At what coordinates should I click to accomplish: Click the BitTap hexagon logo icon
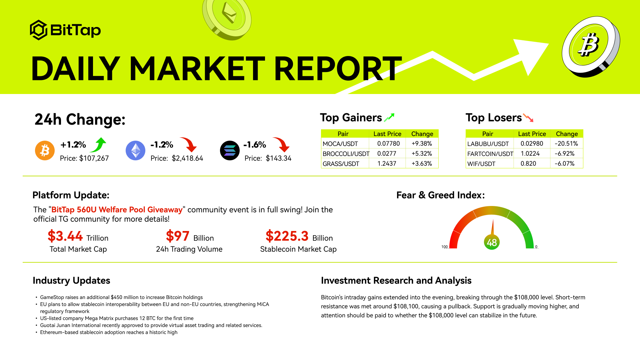39,30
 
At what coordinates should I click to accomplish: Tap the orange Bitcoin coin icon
45,150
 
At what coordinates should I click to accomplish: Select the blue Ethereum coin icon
135,150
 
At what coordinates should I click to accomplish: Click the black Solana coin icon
230,150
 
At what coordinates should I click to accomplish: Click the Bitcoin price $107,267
94,158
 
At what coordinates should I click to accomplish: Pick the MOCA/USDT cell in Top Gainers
340,144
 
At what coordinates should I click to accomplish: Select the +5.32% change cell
422,154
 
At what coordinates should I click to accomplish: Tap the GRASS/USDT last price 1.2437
387,164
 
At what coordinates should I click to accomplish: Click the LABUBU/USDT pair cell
488,144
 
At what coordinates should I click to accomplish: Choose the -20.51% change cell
567,144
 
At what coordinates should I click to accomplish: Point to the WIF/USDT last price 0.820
528,164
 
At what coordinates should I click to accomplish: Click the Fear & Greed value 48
492,242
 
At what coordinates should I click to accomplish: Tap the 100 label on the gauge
445,247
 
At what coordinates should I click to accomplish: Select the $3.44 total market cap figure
65,236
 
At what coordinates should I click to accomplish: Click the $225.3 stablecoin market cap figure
287,236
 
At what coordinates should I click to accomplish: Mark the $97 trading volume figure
178,236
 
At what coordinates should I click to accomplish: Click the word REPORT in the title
338,69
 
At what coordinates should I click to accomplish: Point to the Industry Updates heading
71,281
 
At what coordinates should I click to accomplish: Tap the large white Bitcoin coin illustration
591,47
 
